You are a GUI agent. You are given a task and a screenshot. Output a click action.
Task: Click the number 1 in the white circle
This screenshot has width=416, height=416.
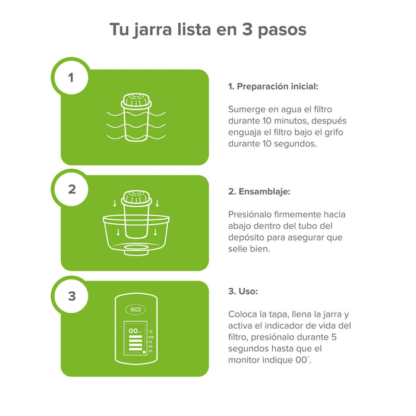tap(72, 77)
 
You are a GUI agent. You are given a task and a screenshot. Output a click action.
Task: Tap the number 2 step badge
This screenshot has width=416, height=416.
tap(72, 190)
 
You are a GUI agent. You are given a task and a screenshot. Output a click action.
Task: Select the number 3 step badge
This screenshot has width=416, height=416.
tap(72, 295)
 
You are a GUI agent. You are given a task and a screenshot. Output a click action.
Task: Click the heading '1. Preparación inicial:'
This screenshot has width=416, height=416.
tap(273, 86)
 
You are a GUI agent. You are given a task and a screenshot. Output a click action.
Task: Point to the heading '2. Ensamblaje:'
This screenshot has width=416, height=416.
tap(260, 191)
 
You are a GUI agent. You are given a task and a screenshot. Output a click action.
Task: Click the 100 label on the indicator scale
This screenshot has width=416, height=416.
tap(151, 338)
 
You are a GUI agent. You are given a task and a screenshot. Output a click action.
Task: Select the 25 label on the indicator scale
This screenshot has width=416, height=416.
tap(151, 351)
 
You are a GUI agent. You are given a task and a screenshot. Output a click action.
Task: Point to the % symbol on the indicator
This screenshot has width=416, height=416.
tap(151, 331)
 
